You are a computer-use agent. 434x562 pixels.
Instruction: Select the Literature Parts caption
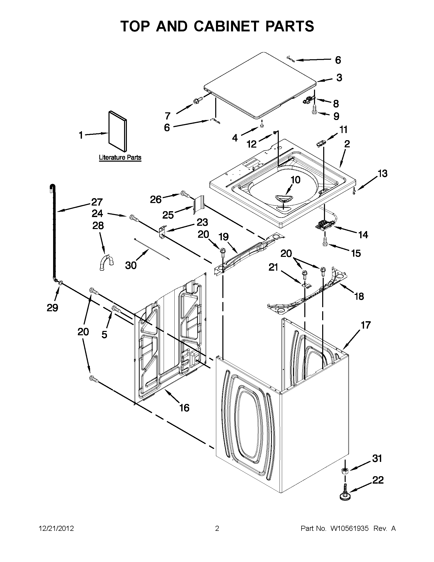[x=120, y=157]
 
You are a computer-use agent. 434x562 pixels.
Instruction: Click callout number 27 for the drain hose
[x=97, y=202]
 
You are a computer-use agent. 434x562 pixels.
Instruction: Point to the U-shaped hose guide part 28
[x=106, y=262]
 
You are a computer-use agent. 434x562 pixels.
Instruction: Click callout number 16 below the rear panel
[x=184, y=408]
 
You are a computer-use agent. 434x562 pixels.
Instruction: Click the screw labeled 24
[x=134, y=218]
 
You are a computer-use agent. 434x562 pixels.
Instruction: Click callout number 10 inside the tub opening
[x=296, y=180]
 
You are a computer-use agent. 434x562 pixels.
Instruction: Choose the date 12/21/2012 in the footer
[x=56, y=528]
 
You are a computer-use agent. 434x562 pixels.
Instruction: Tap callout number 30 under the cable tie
[x=131, y=265]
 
